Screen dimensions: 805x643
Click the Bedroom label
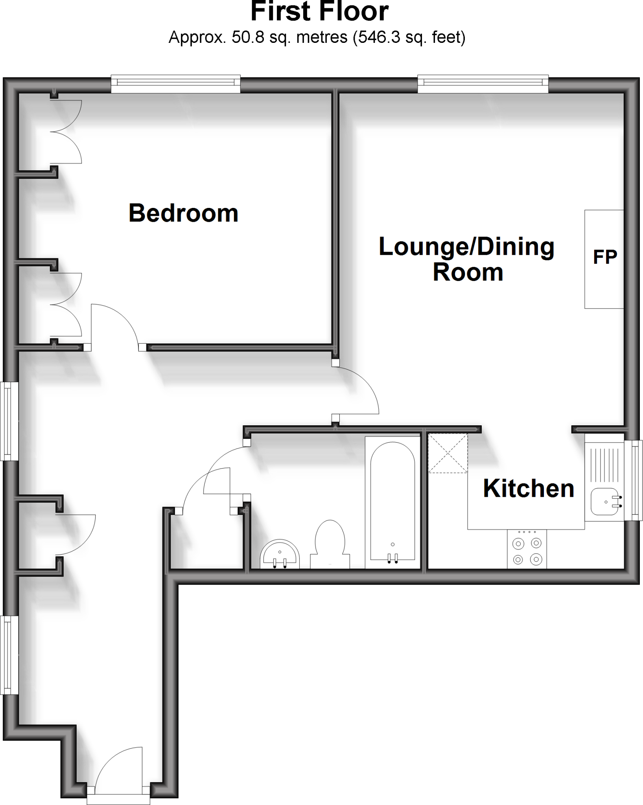[x=183, y=213]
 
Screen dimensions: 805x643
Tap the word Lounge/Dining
[x=466, y=247]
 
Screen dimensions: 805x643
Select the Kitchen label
[x=528, y=489]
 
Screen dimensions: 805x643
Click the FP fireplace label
[x=605, y=257]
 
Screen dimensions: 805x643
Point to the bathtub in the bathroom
[x=392, y=501]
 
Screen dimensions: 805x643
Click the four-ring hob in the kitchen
[x=527, y=550]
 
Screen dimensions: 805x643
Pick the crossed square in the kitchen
[x=448, y=453]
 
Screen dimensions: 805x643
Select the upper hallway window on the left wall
[x=9, y=421]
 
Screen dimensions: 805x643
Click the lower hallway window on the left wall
[x=9, y=655]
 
